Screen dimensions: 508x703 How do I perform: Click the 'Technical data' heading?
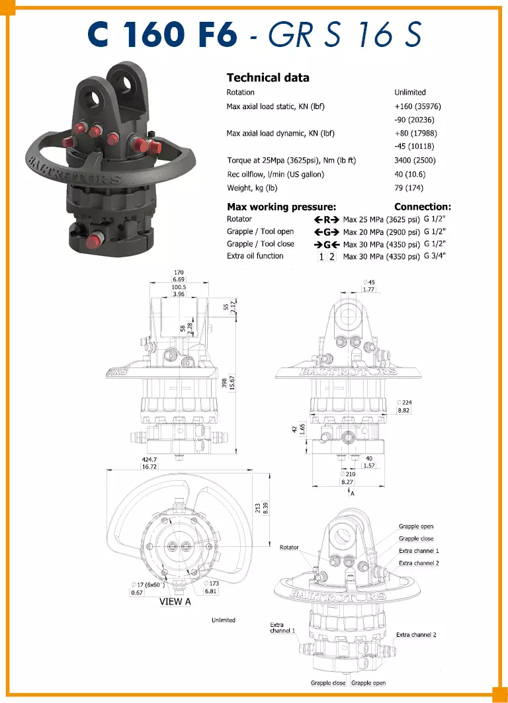[268, 77]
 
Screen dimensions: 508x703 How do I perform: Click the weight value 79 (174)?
[409, 188]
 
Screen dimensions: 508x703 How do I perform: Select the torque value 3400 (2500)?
[415, 161]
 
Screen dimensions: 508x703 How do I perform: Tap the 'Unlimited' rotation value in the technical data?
[410, 93]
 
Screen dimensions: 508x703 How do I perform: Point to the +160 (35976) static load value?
[417, 106]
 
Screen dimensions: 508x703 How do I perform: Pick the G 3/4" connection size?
[435, 256]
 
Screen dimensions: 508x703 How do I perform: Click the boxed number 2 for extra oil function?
[332, 257]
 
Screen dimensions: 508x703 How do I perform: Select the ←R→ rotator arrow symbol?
[326, 220]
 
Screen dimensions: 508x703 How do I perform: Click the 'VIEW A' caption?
[175, 602]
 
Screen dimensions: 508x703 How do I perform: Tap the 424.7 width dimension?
[149, 460]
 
